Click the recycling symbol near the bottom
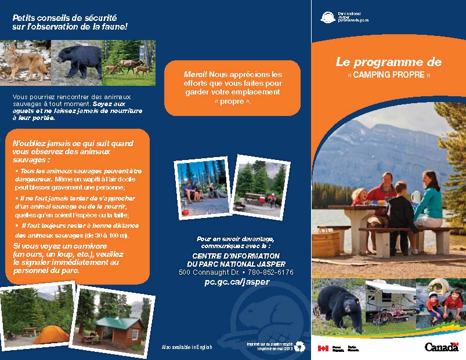coord(299,346)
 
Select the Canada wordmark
coord(441,347)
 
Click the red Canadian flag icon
coord(323,348)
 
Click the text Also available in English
coord(187,347)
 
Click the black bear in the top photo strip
coord(78,60)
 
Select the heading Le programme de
coord(388,62)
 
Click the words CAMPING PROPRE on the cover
coord(389,76)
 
